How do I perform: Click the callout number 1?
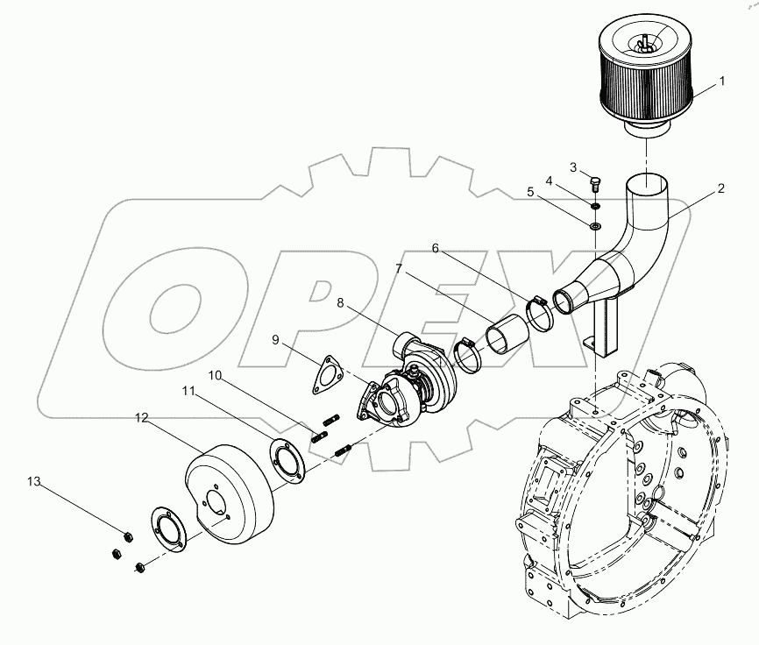721,82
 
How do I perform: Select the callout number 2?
720,188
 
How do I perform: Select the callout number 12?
141,420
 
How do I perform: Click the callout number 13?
33,481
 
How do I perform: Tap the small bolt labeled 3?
596,184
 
